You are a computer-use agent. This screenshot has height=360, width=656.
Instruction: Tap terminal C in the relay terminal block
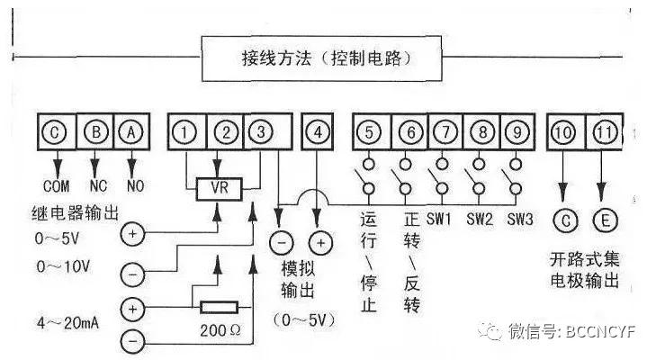point(56,133)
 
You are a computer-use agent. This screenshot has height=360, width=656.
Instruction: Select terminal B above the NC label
point(94,133)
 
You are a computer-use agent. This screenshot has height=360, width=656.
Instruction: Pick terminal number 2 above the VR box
point(227,133)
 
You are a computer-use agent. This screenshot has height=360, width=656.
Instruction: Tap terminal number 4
point(317,133)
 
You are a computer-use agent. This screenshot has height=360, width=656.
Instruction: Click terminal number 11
point(604,133)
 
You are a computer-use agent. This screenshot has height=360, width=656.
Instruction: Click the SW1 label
point(440,219)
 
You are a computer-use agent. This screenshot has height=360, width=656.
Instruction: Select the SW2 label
point(481,219)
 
